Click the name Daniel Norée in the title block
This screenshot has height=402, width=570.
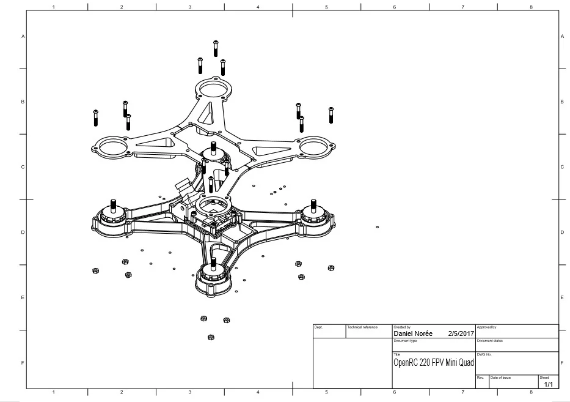click(x=413, y=334)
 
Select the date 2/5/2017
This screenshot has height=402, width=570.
click(x=461, y=334)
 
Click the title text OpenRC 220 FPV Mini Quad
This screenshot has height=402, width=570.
click(x=434, y=363)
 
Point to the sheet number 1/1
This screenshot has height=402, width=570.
click(x=548, y=384)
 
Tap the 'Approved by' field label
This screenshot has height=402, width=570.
click(x=486, y=327)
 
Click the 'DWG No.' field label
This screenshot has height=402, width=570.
click(x=484, y=354)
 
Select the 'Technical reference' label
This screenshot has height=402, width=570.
click(x=362, y=327)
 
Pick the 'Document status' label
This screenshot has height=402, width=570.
click(x=489, y=340)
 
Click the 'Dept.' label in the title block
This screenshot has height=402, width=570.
click(x=318, y=327)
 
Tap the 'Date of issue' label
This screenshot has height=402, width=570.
click(x=500, y=378)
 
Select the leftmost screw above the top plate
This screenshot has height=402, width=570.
click(x=96, y=117)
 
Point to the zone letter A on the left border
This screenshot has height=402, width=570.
click(x=23, y=37)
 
